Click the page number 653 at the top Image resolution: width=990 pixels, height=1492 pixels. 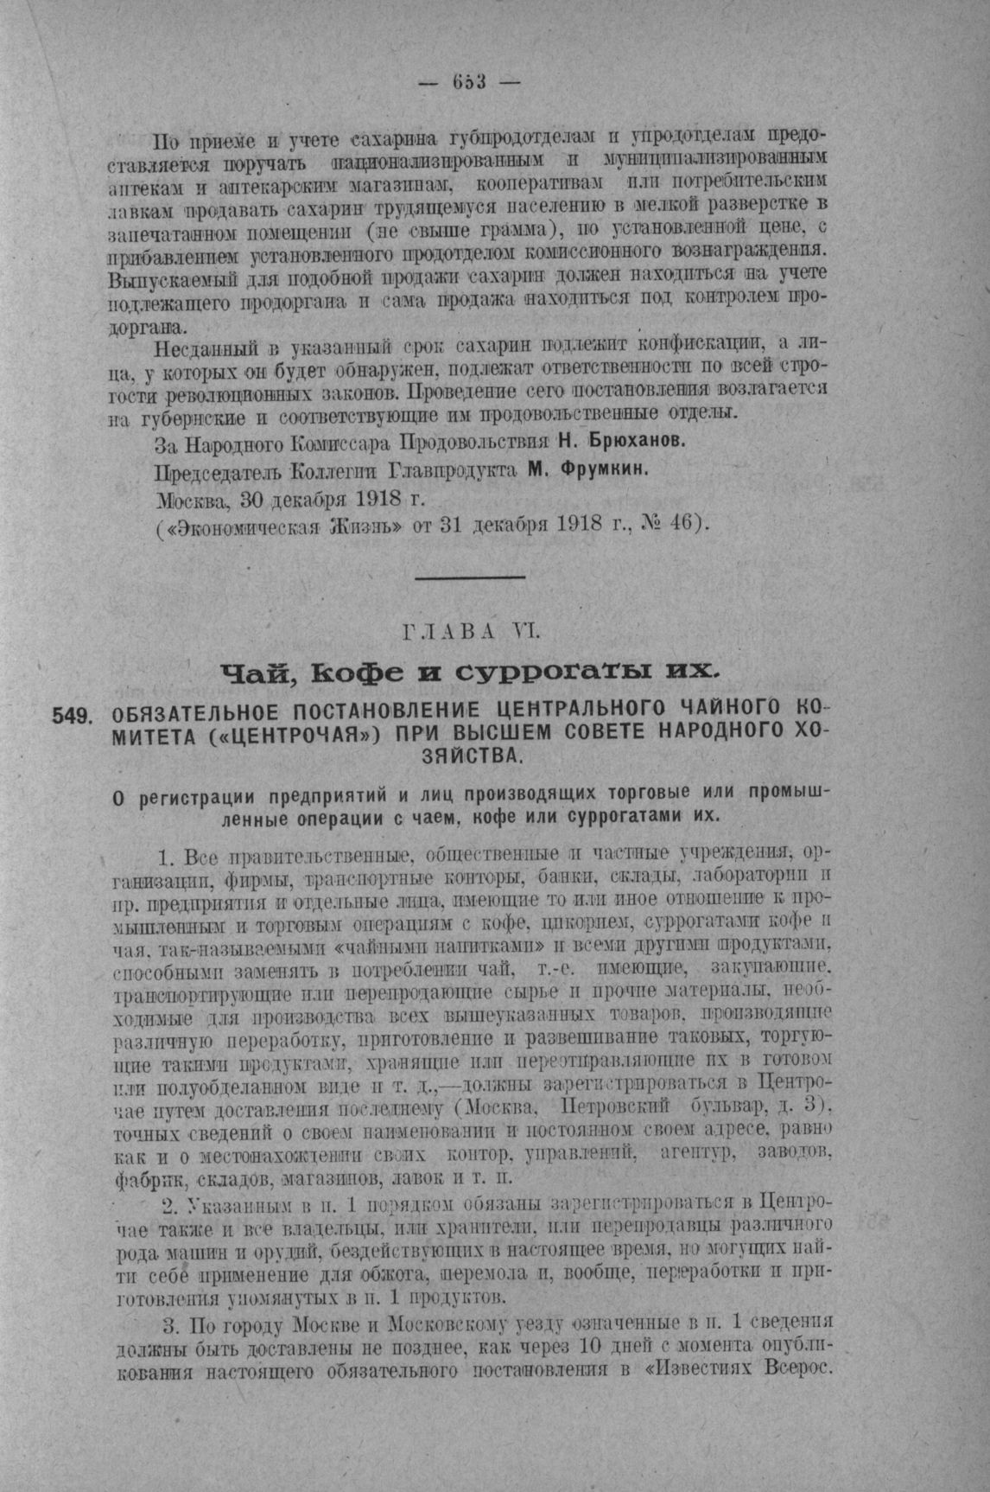(x=469, y=82)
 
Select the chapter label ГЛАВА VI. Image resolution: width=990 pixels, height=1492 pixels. (x=471, y=633)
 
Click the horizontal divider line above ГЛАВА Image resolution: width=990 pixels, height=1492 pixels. (x=471, y=577)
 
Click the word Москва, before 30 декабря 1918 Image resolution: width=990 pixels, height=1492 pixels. (x=192, y=501)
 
